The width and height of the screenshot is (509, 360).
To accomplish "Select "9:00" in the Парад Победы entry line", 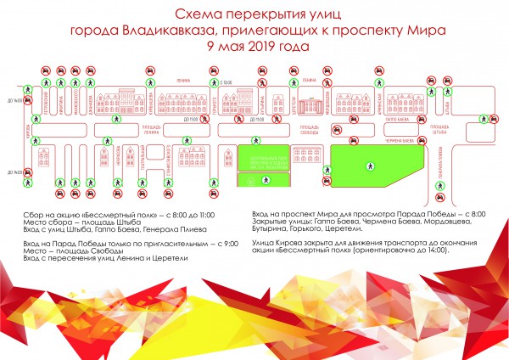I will (227, 244).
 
